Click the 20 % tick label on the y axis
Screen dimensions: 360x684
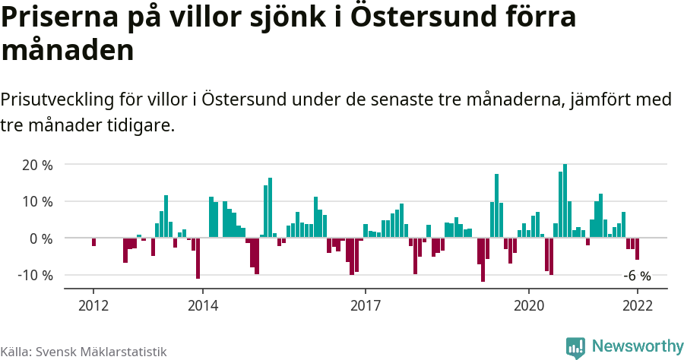coord(36,165)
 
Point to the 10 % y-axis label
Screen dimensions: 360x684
coord(36,201)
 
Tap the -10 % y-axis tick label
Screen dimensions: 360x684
coord(34,275)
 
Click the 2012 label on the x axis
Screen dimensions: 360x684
coord(93,305)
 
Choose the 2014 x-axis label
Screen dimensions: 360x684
coord(202,305)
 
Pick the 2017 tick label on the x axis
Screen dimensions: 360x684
coord(366,305)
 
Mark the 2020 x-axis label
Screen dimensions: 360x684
coord(529,305)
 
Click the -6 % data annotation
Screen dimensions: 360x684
coord(637,276)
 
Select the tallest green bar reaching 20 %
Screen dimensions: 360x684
coord(565,201)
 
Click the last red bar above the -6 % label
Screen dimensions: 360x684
coord(637,248)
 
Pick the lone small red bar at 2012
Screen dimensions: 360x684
coord(93,242)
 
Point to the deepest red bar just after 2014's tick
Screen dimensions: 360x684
coord(198,258)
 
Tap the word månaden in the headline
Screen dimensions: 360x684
coord(68,51)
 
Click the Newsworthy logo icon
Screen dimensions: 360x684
coord(575,347)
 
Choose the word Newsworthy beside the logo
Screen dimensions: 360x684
coord(638,346)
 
